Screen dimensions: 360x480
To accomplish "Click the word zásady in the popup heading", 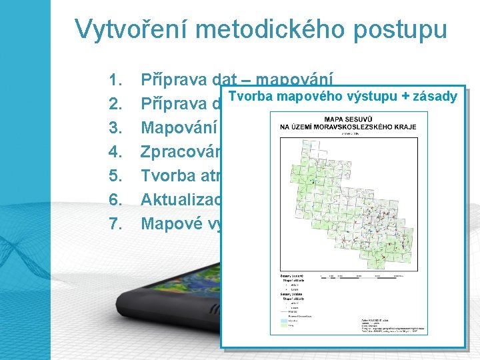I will (x=435, y=97).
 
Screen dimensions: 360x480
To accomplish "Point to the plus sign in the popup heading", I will (x=404, y=97).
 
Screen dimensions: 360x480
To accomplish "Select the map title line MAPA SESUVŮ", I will (x=344, y=120).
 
